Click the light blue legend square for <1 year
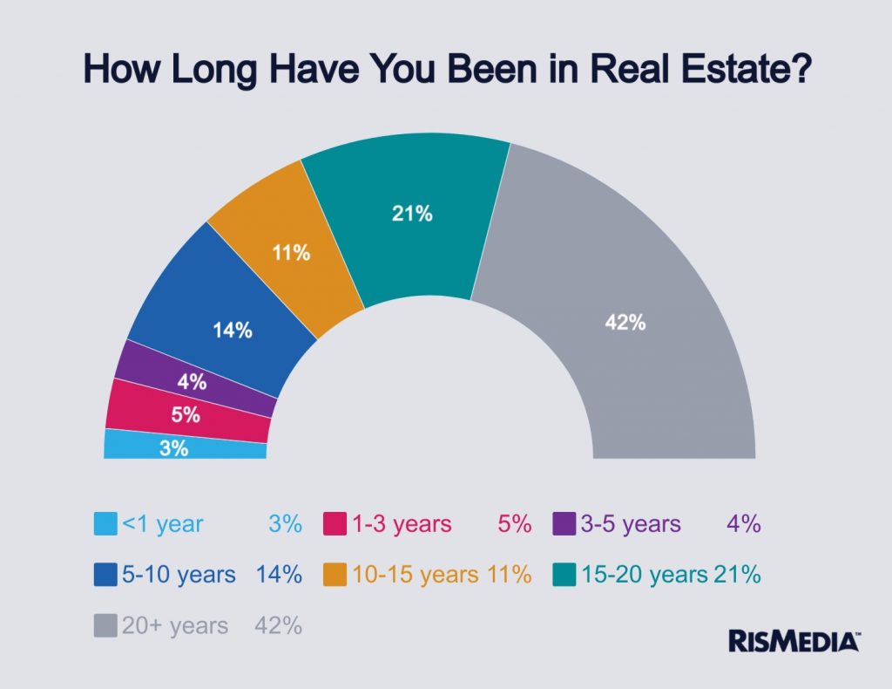[105, 524]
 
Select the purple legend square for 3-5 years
[564, 524]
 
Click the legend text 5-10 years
[179, 575]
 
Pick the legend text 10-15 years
[415, 575]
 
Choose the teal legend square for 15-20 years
[564, 575]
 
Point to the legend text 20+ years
[174, 625]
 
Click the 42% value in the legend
[278, 625]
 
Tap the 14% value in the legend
[279, 575]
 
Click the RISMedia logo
[794, 640]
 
